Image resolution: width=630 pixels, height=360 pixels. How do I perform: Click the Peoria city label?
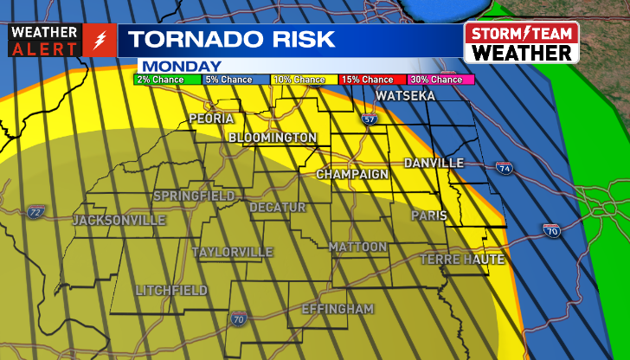pos(212,118)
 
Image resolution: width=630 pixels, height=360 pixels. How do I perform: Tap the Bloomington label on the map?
pos(273,138)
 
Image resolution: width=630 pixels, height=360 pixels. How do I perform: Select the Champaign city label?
pos(352,174)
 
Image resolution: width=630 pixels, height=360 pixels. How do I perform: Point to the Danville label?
pos(434,163)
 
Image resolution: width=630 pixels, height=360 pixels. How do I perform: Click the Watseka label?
pos(406,96)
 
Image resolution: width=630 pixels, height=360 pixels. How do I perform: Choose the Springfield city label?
pos(194,196)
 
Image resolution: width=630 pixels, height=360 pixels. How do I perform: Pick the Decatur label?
pos(278,208)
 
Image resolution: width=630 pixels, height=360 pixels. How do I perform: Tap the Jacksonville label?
pos(119,221)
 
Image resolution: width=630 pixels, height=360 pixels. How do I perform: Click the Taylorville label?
pos(232,252)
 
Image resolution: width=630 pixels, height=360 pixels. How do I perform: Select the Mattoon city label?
pos(358,247)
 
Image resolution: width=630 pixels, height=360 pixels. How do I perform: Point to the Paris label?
pos(428,215)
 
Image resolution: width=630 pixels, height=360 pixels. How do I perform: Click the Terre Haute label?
pos(462,259)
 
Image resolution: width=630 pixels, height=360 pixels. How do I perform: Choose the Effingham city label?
pos(337,309)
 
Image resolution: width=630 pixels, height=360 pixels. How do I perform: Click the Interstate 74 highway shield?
pos(505,168)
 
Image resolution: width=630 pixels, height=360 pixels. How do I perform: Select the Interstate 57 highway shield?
pos(370,119)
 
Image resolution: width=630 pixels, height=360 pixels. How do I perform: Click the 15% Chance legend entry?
pos(367,80)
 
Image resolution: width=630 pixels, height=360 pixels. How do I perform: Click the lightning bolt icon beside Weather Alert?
pos(100,41)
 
